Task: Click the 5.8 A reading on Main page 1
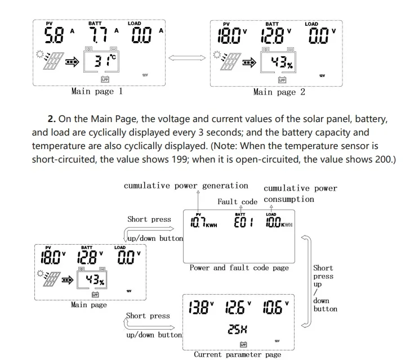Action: [x=56, y=36]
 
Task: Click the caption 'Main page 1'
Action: [x=97, y=91]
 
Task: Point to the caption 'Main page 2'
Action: [x=279, y=92]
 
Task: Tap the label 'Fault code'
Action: [x=237, y=201]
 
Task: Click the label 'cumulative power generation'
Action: [x=186, y=186]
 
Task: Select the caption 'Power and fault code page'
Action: [x=239, y=268]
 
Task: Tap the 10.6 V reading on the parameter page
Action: [x=274, y=308]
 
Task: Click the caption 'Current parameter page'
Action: [x=237, y=354]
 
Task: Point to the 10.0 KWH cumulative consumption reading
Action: [x=279, y=223]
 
